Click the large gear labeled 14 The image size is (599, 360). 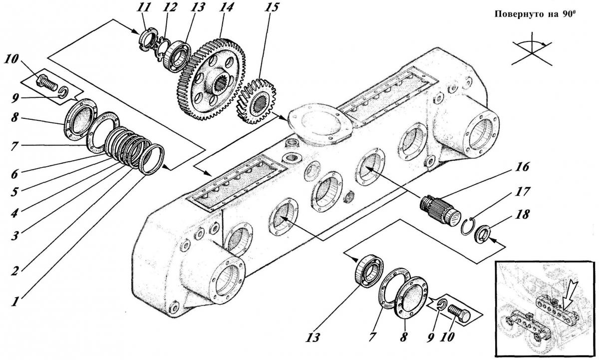tap(211, 79)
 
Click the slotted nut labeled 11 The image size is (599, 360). tap(147, 39)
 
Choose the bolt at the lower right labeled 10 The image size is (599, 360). tap(459, 314)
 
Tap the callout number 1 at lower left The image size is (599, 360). tap(15, 302)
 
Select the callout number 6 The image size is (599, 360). tap(14, 174)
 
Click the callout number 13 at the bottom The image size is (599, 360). tap(312, 338)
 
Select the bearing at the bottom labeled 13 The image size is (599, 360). tap(369, 271)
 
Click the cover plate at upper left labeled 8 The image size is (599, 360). tap(80, 119)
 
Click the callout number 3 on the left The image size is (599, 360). tap(14, 236)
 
